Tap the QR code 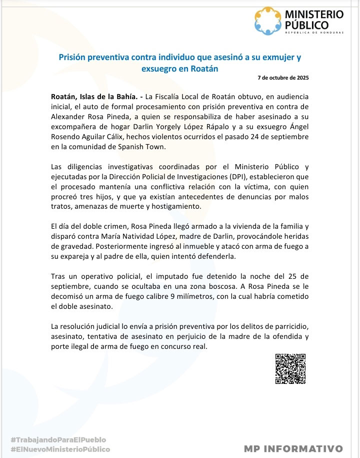click(290, 368)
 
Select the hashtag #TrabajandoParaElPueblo click(58, 439)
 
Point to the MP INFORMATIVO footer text click(293, 448)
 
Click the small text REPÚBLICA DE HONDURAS click(313, 33)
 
